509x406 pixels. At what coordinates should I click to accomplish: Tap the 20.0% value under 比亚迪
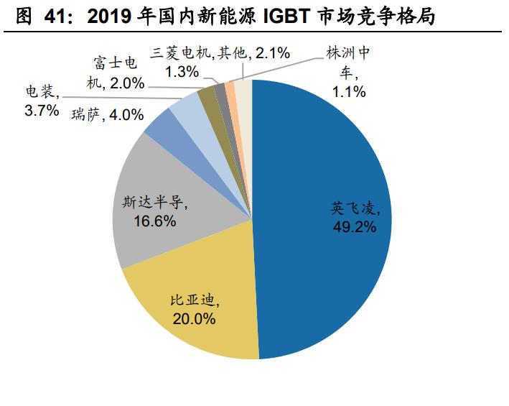[x=194, y=318]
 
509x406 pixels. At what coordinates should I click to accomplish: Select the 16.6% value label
[x=154, y=221]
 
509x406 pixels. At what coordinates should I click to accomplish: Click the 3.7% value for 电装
[x=40, y=111]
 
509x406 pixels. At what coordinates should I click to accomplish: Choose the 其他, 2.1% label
[x=254, y=52]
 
